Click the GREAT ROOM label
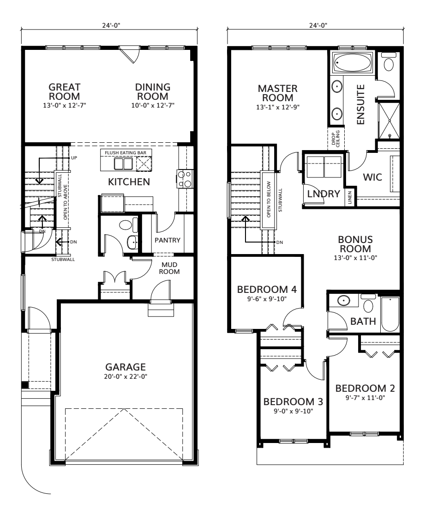click(65, 91)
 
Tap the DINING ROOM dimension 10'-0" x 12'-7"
click(153, 105)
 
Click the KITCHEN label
click(129, 182)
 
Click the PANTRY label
click(167, 240)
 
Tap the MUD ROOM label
click(169, 268)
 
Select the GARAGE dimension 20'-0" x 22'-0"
click(126, 376)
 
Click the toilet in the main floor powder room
click(125, 225)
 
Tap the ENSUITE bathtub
click(353, 63)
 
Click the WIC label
click(372, 177)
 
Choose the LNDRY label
click(323, 194)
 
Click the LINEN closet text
click(350, 199)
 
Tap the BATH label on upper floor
click(363, 321)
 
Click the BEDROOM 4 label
click(266, 290)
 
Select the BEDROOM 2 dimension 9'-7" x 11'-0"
click(365, 397)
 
